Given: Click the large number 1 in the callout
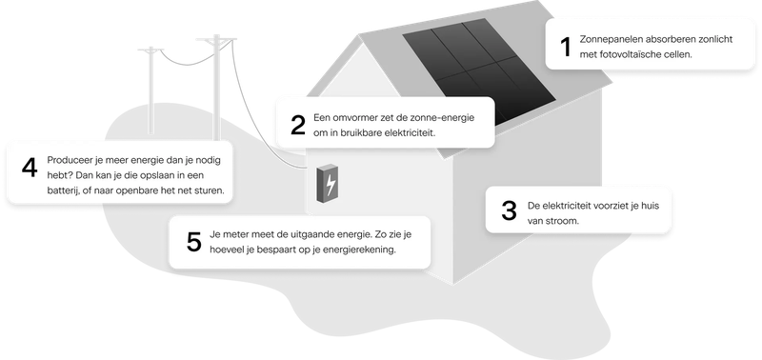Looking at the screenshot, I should click(x=564, y=47).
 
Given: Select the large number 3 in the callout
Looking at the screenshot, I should click(x=507, y=211).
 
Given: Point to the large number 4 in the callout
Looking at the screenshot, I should click(x=29, y=168).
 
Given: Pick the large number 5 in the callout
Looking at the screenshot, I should click(x=193, y=242).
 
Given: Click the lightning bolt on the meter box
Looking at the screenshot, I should click(x=330, y=185).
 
